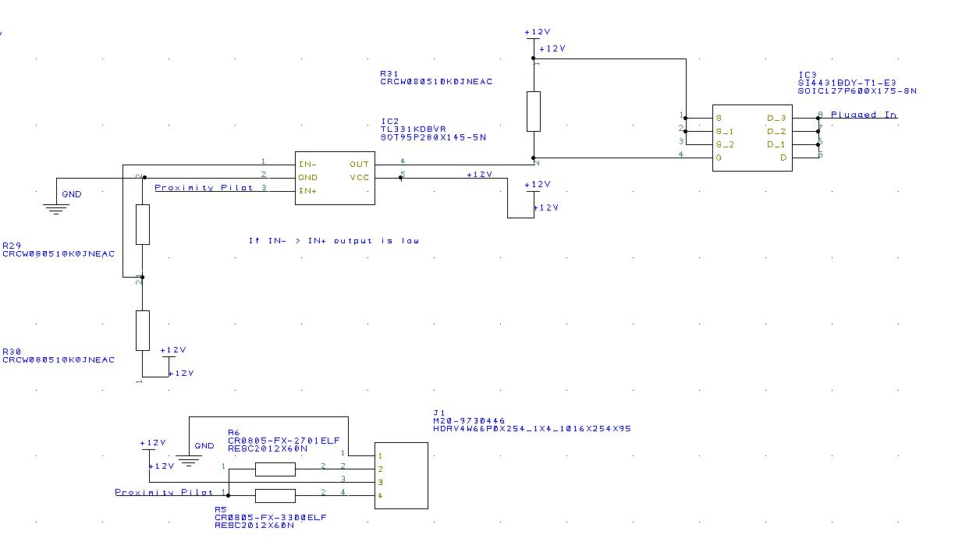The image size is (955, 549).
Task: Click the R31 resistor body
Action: point(534,112)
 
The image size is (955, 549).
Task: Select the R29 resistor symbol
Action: point(142,225)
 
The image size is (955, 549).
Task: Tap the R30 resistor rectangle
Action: point(142,330)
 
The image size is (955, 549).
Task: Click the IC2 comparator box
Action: point(335,178)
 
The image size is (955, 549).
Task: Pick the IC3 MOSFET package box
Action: point(752,138)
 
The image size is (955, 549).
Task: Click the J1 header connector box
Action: point(401,476)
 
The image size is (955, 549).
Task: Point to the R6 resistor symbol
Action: point(275,469)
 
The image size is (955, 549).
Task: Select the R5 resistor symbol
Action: point(275,496)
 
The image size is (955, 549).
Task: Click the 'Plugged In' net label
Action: point(863,115)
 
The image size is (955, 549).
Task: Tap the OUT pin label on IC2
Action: point(360,165)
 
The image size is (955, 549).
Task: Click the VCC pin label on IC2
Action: point(360,178)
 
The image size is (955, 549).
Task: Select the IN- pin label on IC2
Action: point(307,165)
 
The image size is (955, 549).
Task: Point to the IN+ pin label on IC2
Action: point(307,190)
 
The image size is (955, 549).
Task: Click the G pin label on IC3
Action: point(719,158)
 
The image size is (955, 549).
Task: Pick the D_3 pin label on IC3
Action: point(776,119)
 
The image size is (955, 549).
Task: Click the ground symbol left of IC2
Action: point(54,207)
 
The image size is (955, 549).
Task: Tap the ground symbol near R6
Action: point(188,460)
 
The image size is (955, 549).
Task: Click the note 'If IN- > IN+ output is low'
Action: point(334,241)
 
